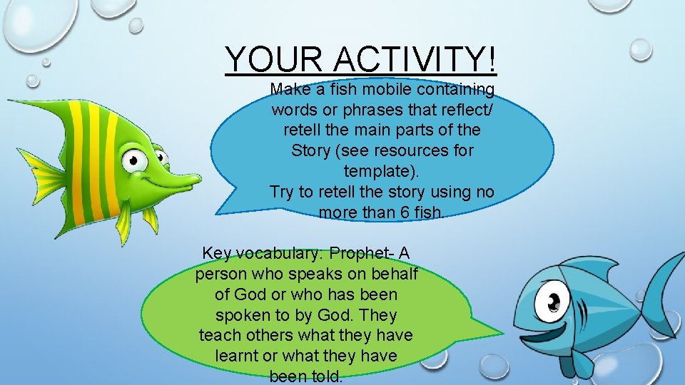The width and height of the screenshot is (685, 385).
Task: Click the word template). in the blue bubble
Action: (x=382, y=172)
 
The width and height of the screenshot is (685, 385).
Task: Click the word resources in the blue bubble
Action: (x=413, y=151)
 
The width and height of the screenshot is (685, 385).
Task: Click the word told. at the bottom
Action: (x=324, y=376)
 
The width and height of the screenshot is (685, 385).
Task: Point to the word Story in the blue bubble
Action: (x=310, y=151)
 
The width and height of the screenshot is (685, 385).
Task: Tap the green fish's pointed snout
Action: (x=190, y=178)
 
